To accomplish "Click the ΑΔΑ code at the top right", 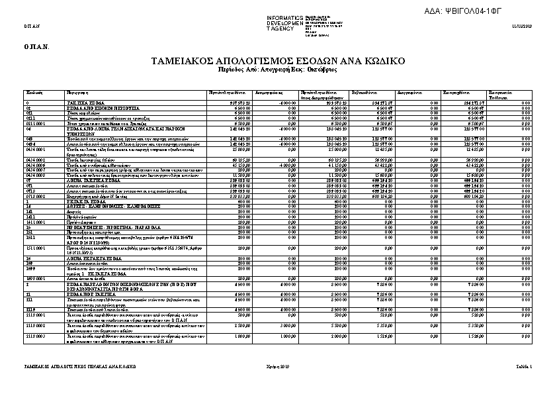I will coord(490,11).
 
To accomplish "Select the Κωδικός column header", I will coord(34,92).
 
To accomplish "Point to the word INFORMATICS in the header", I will coord(284,17).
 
